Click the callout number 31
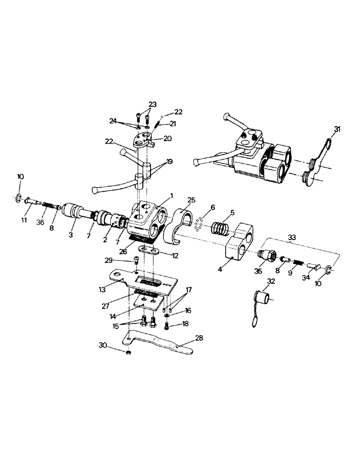click(x=337, y=129)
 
